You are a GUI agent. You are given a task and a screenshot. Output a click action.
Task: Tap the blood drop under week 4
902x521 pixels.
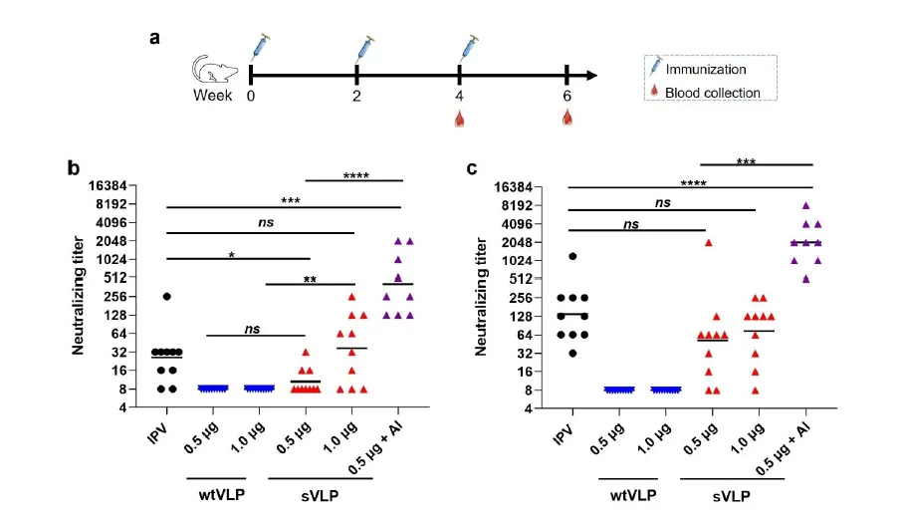[x=460, y=120]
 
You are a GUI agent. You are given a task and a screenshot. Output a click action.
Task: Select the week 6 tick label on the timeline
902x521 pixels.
[x=566, y=97]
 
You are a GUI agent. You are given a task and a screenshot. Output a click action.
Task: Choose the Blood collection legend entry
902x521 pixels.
[x=718, y=93]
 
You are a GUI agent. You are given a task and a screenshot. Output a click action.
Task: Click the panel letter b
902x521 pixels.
[x=74, y=168]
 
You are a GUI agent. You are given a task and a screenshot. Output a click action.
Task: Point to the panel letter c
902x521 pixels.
[x=474, y=168]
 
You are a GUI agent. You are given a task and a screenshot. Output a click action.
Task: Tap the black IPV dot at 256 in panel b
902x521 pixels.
[x=167, y=296]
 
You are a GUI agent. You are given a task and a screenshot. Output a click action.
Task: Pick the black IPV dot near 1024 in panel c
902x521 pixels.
[x=572, y=256]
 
